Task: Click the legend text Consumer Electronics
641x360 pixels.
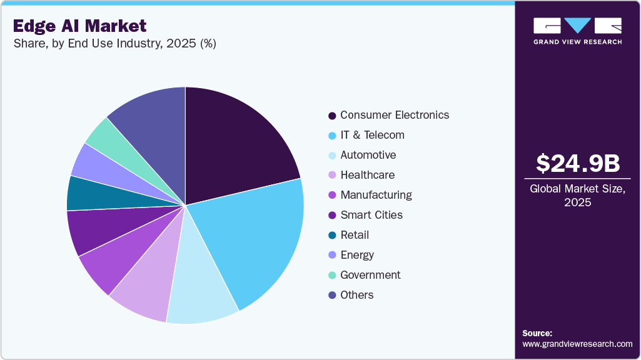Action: coord(395,115)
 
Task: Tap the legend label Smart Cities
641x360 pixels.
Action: coord(371,215)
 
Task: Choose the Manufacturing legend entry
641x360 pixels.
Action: coord(376,195)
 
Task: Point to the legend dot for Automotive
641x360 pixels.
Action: coord(332,156)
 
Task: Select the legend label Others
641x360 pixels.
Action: coord(356,295)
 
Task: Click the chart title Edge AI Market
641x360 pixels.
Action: coord(80,26)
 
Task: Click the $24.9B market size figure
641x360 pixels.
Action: coord(578,163)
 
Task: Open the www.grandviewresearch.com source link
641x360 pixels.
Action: coord(577,344)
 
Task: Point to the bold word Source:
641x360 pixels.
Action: coord(537,333)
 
